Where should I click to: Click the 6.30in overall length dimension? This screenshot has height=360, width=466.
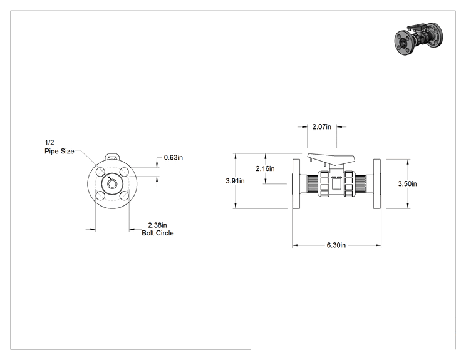(x=336, y=245)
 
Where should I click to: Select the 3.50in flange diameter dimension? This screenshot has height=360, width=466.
(x=408, y=184)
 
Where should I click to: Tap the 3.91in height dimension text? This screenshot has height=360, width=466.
(x=235, y=181)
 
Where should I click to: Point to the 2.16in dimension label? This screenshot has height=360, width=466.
(x=265, y=168)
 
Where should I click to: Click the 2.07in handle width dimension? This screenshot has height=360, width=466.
(x=321, y=127)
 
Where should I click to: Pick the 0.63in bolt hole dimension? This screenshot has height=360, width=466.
(x=173, y=157)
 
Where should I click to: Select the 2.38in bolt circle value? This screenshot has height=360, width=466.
(x=157, y=225)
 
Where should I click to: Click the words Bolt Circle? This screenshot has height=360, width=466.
(x=157, y=233)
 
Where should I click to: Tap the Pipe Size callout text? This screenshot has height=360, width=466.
(x=59, y=151)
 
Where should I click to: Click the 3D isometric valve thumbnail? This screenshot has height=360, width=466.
(x=419, y=39)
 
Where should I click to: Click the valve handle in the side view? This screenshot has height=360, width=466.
(x=331, y=159)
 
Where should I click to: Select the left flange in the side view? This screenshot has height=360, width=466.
(x=296, y=184)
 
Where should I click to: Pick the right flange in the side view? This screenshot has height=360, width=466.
(x=377, y=184)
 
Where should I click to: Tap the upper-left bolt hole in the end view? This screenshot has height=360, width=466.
(x=100, y=172)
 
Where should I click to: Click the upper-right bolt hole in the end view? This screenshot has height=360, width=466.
(x=124, y=172)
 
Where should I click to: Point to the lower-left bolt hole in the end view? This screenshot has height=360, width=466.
(x=100, y=196)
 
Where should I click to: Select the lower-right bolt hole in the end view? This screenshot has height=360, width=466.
(x=124, y=196)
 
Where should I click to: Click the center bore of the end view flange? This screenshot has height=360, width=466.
(x=112, y=184)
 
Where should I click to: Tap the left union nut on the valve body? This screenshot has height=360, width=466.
(x=323, y=184)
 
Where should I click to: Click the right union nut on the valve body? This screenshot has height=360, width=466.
(x=349, y=184)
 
